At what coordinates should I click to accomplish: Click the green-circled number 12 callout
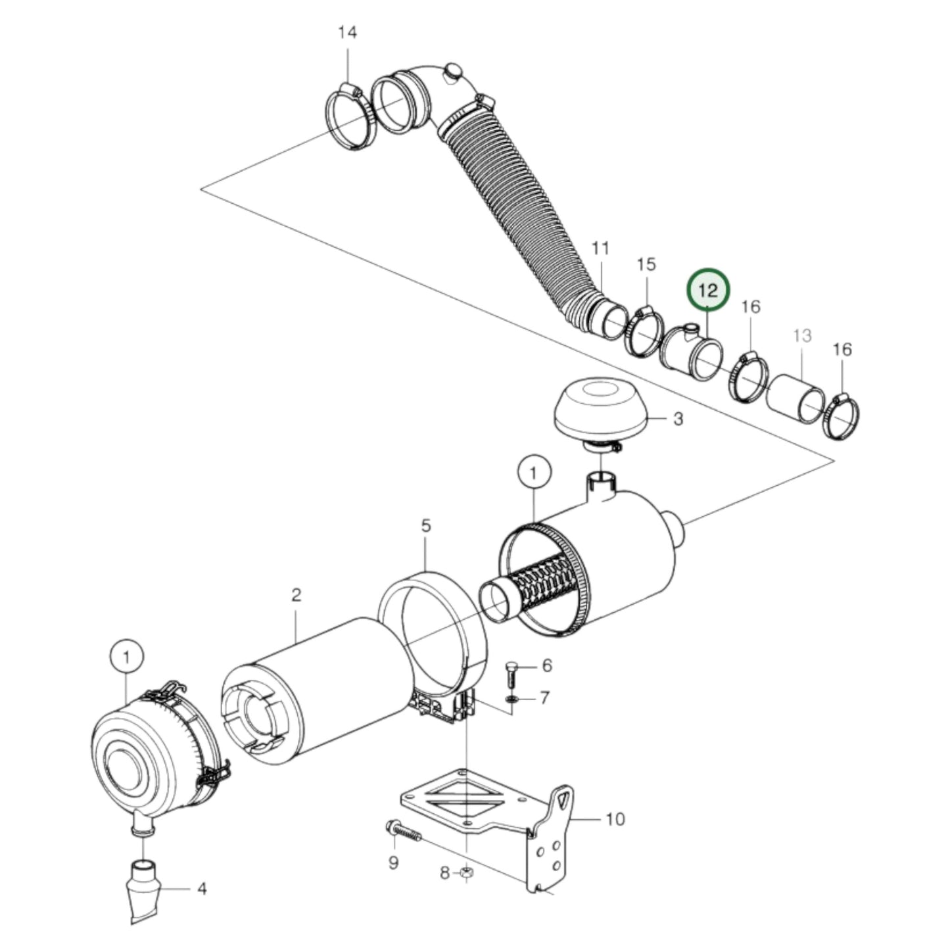click(x=708, y=289)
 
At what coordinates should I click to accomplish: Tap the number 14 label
click(x=347, y=32)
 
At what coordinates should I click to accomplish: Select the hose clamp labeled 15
click(x=644, y=332)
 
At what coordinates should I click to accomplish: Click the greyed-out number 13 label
click(x=801, y=336)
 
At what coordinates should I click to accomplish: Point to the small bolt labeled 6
click(x=513, y=670)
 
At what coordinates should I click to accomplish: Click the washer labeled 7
click(x=511, y=697)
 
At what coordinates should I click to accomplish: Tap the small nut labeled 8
click(x=466, y=873)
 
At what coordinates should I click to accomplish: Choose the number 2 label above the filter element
click(x=296, y=595)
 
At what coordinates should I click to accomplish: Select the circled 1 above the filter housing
click(x=533, y=472)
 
